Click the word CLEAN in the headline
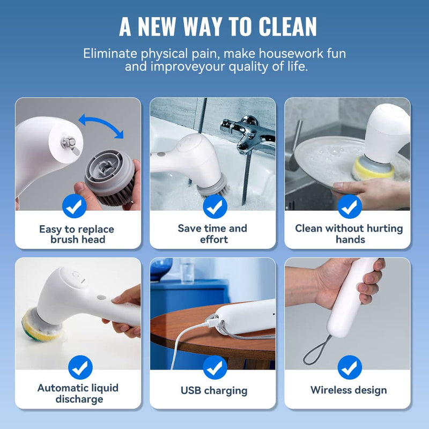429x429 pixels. tap(287, 26)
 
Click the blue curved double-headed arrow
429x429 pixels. tap(101, 125)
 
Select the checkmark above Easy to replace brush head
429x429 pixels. tap(75, 206)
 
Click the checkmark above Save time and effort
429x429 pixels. tap(215, 206)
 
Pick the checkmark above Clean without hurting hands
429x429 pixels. tap(350, 206)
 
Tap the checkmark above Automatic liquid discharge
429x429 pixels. tap(80, 367)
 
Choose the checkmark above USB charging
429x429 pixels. tap(215, 367)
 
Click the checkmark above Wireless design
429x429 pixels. tap(350, 367)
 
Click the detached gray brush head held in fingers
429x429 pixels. tap(110, 176)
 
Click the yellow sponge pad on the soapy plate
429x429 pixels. tap(373, 169)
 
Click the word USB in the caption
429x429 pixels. tap(191, 390)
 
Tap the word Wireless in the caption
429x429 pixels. tap(330, 390)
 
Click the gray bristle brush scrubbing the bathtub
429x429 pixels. tap(213, 187)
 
